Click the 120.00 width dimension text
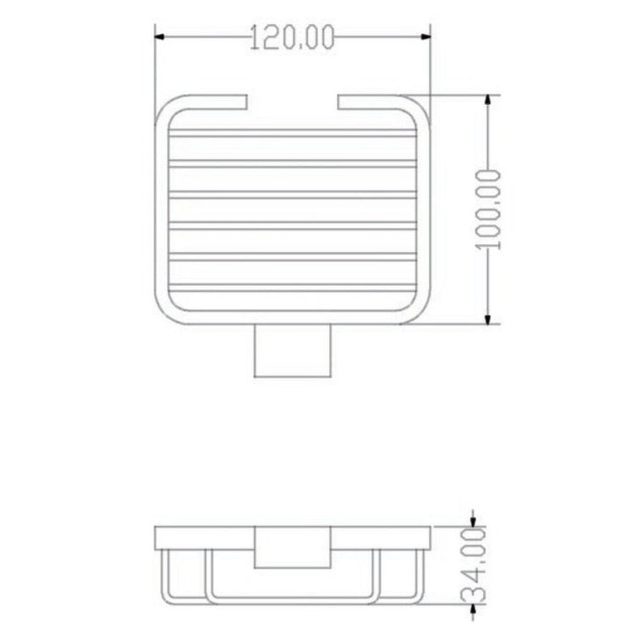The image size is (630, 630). coord(292,37)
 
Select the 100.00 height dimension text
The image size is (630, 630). coord(488,210)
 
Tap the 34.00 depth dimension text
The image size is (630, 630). coord(473,565)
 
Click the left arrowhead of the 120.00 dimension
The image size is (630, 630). coord(160,37)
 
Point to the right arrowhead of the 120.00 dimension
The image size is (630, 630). coord(425,37)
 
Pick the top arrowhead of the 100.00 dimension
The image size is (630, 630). coord(487,101)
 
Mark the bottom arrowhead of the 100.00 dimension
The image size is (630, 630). coord(487,318)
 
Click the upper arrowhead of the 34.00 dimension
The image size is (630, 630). coord(473,521)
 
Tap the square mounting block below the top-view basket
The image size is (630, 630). coord(292,350)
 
